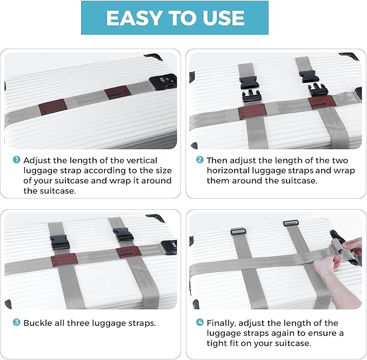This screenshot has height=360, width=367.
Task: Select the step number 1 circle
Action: (16, 161)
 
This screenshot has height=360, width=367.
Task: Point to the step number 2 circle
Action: (199, 161)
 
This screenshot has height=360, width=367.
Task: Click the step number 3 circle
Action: (16, 323)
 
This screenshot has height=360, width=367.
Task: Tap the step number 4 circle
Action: (199, 323)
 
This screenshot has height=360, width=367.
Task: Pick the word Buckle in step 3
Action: (39, 323)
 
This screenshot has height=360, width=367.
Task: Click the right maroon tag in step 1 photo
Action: (117, 92)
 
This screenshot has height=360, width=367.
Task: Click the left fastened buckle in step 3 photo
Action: (59, 242)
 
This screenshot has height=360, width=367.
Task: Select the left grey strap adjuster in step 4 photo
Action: (238, 231)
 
